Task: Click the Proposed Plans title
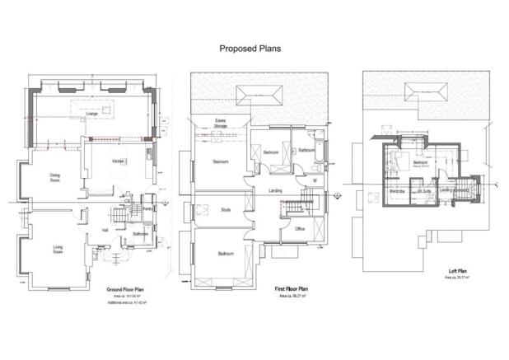point(250,49)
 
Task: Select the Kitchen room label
point(118,161)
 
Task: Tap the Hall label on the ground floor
point(105,230)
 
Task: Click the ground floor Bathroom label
point(139,233)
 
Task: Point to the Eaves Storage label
point(221,124)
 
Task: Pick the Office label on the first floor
point(300,229)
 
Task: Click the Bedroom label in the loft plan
point(420,162)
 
